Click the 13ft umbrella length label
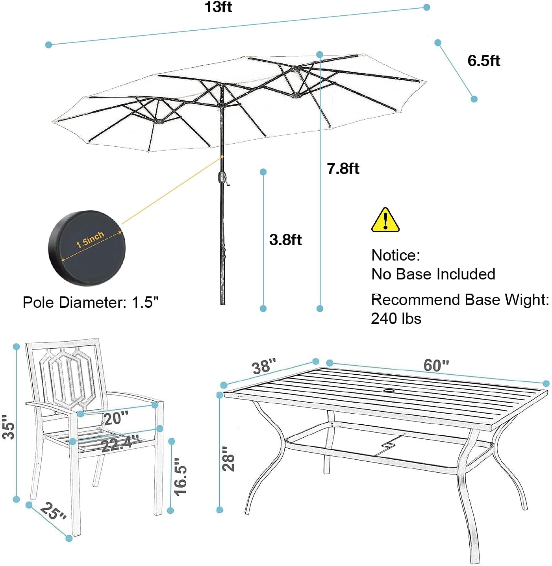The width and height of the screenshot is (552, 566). (x=219, y=7)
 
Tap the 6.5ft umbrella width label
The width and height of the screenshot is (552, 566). (x=483, y=61)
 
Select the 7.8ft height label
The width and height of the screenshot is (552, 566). (x=343, y=168)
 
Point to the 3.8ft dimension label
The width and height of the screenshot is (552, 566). (x=285, y=240)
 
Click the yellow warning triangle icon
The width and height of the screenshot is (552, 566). (x=385, y=220)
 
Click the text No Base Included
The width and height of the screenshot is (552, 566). (x=433, y=274)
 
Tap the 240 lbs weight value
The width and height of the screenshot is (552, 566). (x=396, y=318)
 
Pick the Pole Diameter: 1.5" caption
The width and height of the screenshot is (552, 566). (x=91, y=302)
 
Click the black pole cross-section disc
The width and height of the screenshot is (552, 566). (x=87, y=248)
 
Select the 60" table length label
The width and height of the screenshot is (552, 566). (x=436, y=365)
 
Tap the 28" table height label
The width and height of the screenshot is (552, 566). (x=228, y=459)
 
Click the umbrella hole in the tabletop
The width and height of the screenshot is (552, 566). (x=390, y=391)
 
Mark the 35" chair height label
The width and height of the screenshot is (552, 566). (x=8, y=427)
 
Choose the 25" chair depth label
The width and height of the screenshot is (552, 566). (x=53, y=512)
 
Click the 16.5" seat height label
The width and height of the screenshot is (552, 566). (x=180, y=476)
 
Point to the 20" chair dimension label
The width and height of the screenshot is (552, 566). (x=116, y=418)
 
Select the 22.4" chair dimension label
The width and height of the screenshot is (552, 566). (x=120, y=444)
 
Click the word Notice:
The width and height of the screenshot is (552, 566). (x=396, y=255)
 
